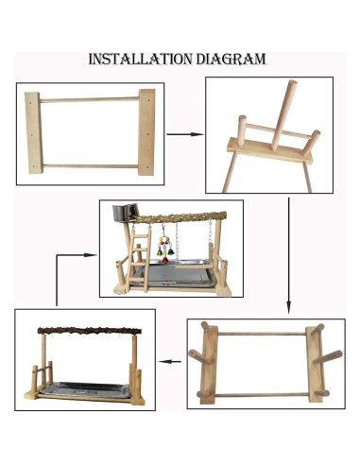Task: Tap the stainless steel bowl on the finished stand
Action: pos(122,216)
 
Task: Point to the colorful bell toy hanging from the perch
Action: pos(172,248)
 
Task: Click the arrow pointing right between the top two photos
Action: pos(184,135)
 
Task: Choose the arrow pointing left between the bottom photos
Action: pos(169,360)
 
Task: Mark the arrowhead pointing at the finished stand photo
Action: pos(92,254)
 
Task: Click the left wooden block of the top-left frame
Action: pos(34,131)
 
